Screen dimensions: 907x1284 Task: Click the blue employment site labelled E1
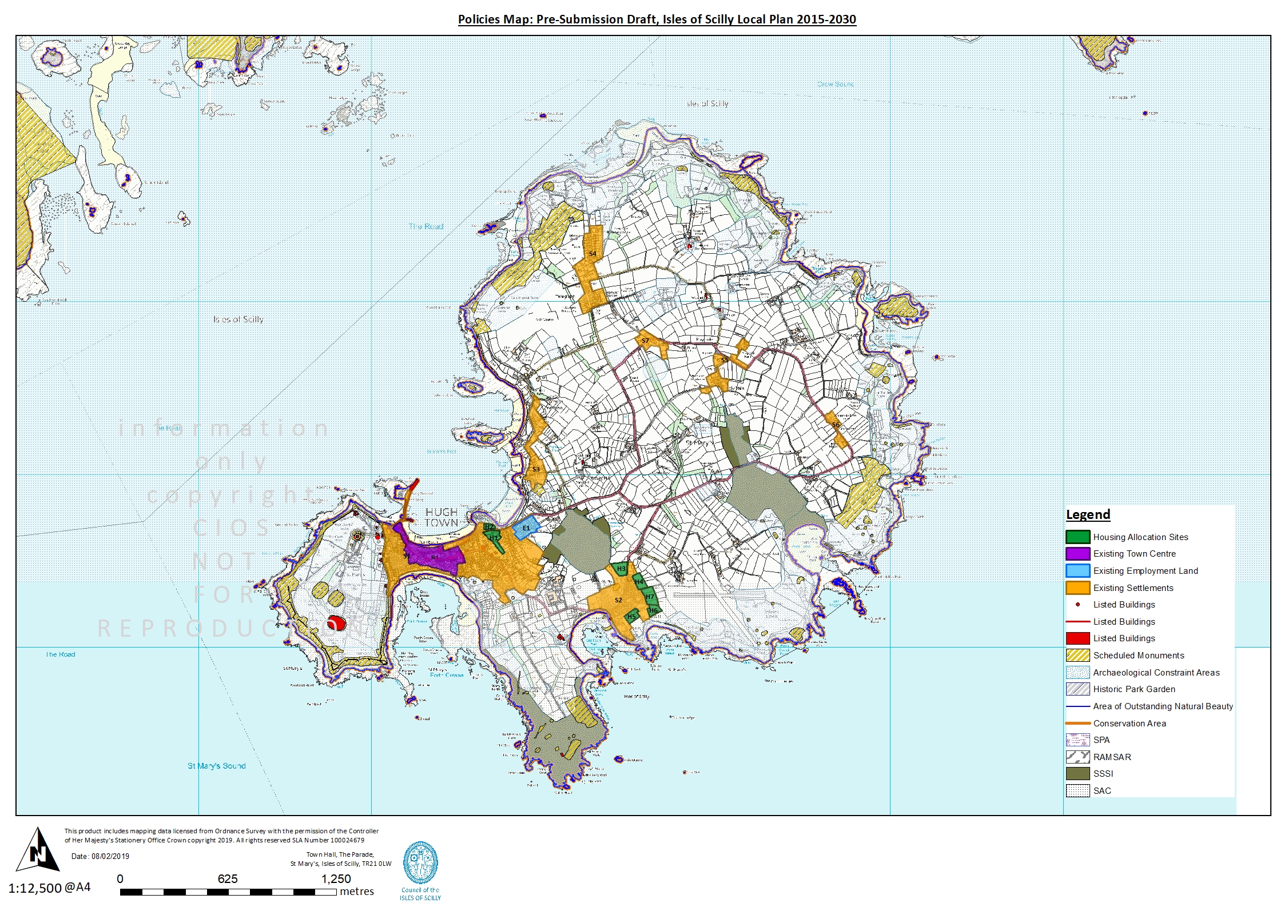(x=526, y=528)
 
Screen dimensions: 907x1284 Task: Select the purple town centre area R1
(x=436, y=558)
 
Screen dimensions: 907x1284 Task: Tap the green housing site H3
(x=621, y=569)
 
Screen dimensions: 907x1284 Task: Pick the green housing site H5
(x=631, y=616)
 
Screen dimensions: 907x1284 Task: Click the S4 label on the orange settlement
(x=593, y=253)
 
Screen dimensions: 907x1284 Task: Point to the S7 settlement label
(x=645, y=341)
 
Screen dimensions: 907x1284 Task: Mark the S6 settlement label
(x=836, y=425)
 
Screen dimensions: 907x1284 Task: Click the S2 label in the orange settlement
(x=618, y=600)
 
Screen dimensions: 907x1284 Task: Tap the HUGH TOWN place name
(x=441, y=517)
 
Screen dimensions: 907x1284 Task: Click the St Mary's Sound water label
(x=216, y=766)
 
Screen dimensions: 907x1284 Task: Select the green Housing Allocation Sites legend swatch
(x=1078, y=537)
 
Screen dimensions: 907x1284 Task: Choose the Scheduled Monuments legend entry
(x=1138, y=656)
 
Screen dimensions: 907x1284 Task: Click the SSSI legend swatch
(x=1078, y=774)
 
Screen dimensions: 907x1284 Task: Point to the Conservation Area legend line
(x=1078, y=724)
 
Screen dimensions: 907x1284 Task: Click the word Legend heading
(x=1088, y=514)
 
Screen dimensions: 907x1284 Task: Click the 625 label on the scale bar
(x=228, y=879)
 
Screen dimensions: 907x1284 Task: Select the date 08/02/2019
(x=110, y=856)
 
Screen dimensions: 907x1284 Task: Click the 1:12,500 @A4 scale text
(x=50, y=888)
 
